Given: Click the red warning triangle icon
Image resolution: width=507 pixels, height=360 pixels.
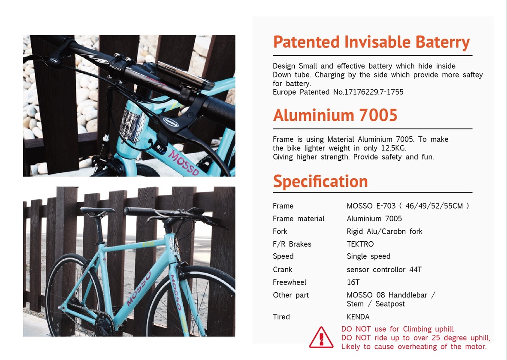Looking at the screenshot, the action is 321,337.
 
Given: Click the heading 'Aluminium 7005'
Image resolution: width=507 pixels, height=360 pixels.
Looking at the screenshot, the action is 335,115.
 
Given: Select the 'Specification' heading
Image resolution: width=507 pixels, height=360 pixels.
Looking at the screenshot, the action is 320,182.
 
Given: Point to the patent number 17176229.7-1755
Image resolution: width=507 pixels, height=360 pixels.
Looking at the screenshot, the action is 374,92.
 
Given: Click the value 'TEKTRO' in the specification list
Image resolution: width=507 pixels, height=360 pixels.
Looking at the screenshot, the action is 360,244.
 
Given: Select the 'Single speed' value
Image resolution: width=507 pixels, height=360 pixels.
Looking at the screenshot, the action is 368,257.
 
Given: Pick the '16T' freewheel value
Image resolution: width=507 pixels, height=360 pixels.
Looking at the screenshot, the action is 353,282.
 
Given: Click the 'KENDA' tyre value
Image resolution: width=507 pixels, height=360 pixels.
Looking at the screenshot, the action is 358,317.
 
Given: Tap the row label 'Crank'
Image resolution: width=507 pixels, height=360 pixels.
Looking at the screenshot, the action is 282,270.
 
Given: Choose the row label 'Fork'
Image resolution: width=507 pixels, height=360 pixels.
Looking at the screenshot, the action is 280,231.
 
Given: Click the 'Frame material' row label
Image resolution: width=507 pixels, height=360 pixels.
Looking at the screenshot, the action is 299,219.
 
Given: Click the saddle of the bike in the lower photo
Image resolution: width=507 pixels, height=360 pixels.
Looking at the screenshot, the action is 97,210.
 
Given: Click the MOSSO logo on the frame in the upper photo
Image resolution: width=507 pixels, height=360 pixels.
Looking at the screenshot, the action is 183,163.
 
